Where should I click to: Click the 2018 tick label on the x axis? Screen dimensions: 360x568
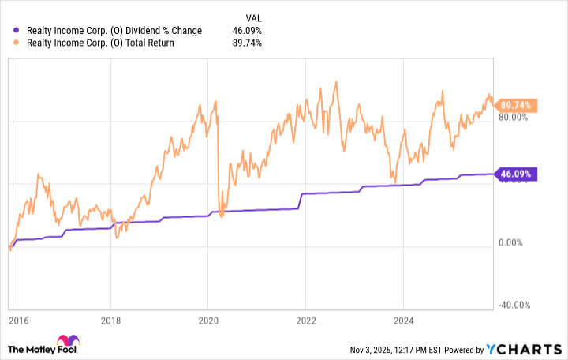111,322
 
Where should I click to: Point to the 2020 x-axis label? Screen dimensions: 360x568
208,322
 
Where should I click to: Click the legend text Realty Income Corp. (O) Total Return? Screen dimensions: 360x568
101,43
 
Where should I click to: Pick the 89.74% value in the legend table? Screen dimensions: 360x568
247,43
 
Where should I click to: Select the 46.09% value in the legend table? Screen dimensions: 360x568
247,31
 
